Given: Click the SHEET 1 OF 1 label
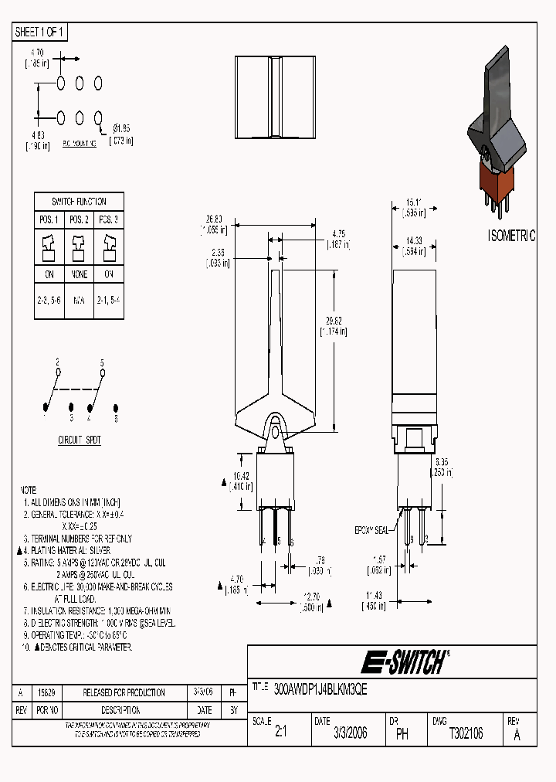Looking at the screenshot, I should pos(41,32).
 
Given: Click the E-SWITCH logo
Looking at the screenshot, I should pos(403,662).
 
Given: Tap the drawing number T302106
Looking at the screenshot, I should pos(466,734).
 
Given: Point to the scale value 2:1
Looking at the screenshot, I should pos(280,734).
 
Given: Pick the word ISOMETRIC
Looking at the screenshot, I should pos(511,236).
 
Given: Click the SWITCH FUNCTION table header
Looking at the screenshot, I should pos(80,201).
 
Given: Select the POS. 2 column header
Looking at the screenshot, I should pos(80,219).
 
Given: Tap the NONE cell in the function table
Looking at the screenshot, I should pos(80,274).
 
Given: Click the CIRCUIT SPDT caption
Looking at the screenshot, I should pos(80,440).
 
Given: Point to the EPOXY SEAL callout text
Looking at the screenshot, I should pos(371,530).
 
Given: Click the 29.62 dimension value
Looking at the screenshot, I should pos(333,321).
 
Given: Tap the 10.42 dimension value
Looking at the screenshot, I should pos(241,476).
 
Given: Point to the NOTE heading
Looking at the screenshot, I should pos(28,490).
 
